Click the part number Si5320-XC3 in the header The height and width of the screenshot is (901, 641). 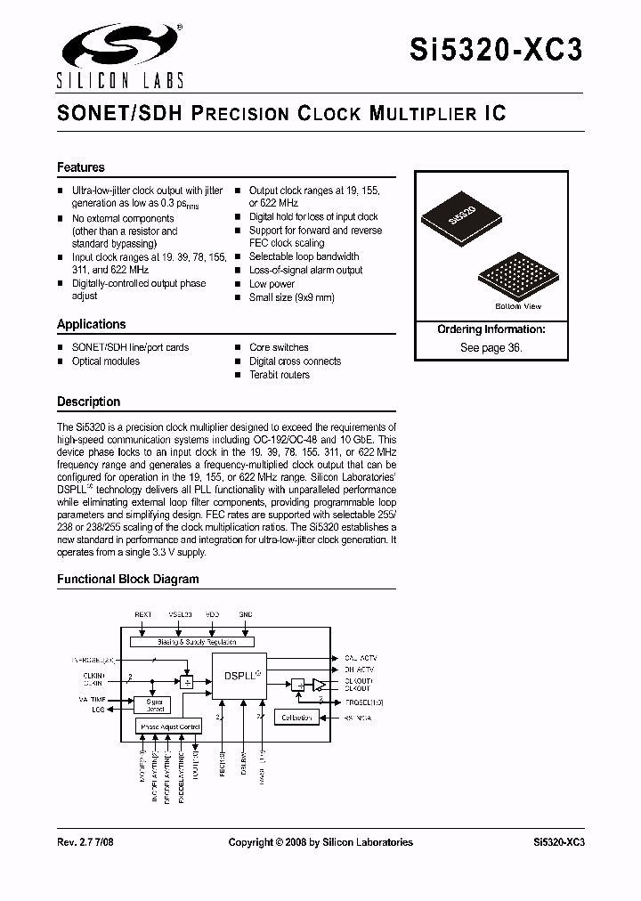point(497,51)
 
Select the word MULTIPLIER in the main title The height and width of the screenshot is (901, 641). point(418,114)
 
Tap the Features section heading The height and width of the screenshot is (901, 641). point(81,167)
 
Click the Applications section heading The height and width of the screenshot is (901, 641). point(92,324)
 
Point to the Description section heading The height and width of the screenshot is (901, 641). point(89,402)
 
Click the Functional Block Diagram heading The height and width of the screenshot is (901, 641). point(128,579)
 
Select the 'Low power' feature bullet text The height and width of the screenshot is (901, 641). point(272,284)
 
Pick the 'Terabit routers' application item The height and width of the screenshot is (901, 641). point(280,375)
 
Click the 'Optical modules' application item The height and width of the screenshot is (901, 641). point(106,361)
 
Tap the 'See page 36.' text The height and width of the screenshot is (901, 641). point(491,348)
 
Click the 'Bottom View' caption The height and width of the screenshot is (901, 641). point(517,306)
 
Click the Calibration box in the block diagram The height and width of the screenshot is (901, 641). point(296,717)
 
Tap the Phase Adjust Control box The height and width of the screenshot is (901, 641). point(170,726)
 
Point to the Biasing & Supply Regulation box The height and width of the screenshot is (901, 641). point(191,641)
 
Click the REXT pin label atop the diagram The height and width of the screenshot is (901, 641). point(144,614)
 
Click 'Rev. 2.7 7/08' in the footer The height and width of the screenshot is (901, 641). point(87,841)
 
